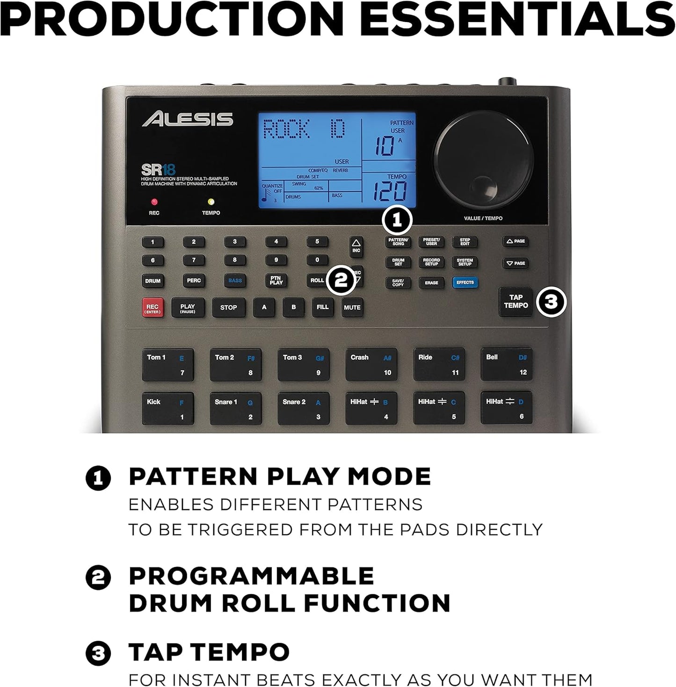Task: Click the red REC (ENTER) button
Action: click(x=153, y=308)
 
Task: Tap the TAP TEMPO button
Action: click(x=516, y=302)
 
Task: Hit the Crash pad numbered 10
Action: click(x=371, y=364)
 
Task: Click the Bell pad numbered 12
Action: click(x=507, y=364)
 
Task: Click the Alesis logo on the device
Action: click(x=188, y=119)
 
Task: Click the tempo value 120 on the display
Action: click(x=389, y=191)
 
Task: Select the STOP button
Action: click(x=228, y=308)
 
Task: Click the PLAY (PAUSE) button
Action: click(x=188, y=308)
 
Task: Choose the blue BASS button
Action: click(x=235, y=281)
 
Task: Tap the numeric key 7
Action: click(x=194, y=260)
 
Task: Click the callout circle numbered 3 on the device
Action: click(x=551, y=302)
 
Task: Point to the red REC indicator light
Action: click(x=154, y=202)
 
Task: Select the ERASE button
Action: click(x=431, y=283)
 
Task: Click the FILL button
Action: click(x=323, y=307)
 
